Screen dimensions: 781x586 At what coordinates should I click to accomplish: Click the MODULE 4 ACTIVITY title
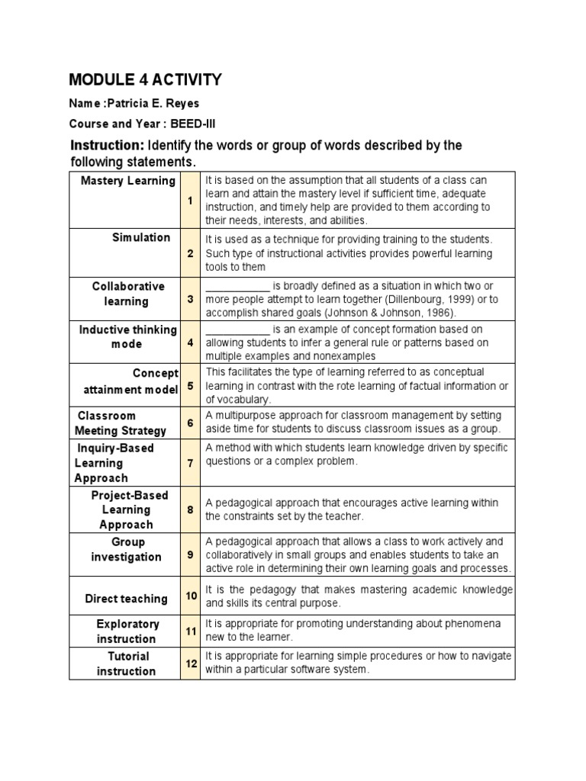pos(145,79)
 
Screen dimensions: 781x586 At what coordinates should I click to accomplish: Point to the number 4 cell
pos(190,343)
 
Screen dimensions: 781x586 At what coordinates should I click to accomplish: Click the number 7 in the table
pos(190,463)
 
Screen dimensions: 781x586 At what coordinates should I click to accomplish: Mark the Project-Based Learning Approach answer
pos(127,509)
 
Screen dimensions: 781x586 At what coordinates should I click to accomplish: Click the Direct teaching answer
pos(126,599)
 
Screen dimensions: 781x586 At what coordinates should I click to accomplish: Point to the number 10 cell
pos(190,596)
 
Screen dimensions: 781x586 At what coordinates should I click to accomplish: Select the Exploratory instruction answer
pos(127,632)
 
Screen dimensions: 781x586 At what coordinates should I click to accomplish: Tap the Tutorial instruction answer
pos(127,664)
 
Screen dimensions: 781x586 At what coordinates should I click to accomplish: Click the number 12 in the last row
pos(190,664)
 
